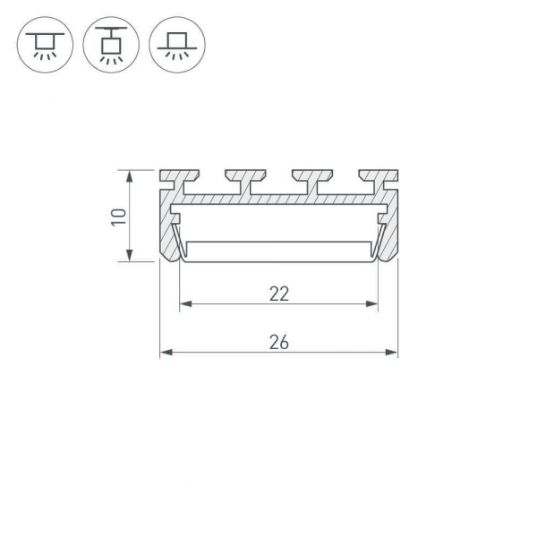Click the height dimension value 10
coord(117,216)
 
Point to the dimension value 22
coord(278,293)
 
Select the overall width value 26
coord(278,341)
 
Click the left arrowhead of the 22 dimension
coord(184,305)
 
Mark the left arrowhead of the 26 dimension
coord(165,354)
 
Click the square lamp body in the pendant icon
coord(109,46)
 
